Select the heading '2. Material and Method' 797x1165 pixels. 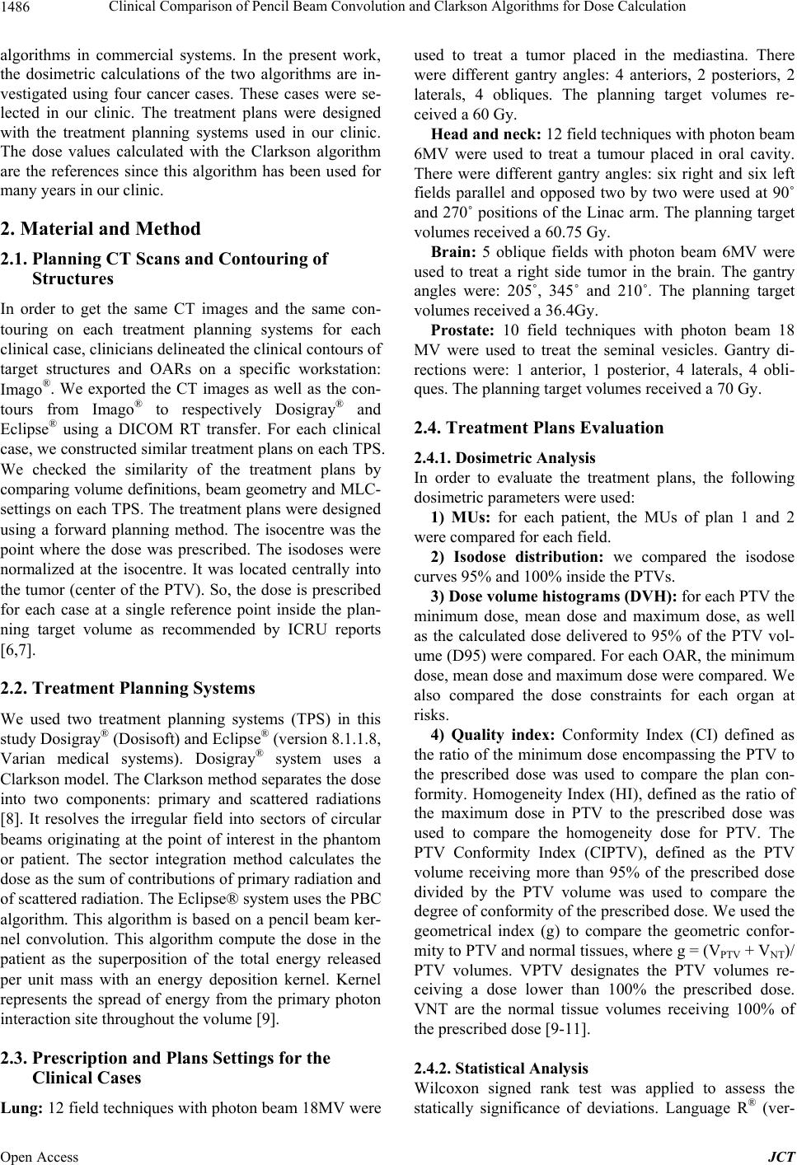(x=100, y=228)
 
